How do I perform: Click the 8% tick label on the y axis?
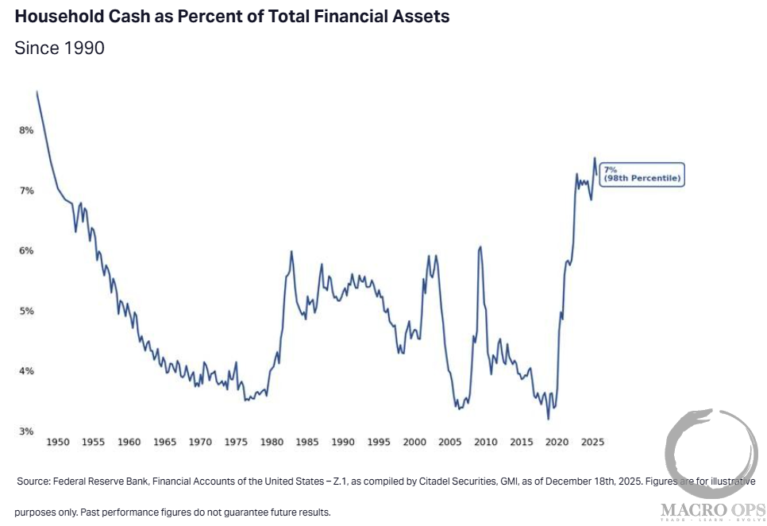(x=26, y=130)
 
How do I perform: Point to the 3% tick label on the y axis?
(x=26, y=431)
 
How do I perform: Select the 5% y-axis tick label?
(x=26, y=311)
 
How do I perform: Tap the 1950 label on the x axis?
(x=58, y=442)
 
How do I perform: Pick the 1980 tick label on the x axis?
(x=272, y=442)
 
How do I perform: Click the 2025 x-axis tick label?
(x=592, y=442)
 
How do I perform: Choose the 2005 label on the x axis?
(x=449, y=442)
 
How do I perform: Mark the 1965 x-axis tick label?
(x=165, y=442)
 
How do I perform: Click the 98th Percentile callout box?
(x=642, y=174)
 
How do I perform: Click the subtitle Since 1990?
(x=60, y=48)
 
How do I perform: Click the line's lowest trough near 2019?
(x=548, y=418)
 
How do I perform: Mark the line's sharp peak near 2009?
(x=480, y=247)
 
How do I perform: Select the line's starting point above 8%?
(x=37, y=92)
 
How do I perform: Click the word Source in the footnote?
(x=34, y=482)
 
